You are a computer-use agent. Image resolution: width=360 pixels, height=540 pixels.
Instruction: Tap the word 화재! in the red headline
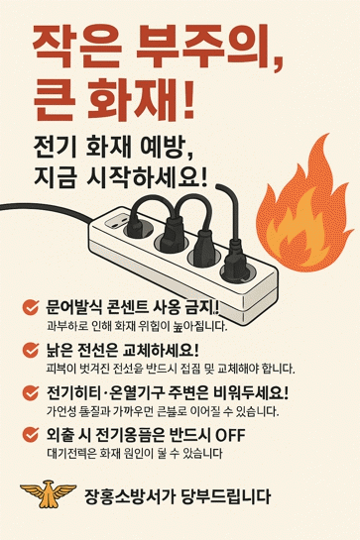point(141,99)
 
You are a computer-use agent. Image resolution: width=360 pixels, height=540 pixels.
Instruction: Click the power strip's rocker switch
point(116,220)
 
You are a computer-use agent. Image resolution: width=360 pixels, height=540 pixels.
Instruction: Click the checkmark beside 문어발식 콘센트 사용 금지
point(31,307)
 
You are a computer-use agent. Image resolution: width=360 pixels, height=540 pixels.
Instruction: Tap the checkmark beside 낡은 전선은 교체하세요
point(31,350)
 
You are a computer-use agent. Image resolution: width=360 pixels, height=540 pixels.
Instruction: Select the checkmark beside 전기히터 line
point(31,393)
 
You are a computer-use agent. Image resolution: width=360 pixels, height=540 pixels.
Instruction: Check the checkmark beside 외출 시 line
point(31,435)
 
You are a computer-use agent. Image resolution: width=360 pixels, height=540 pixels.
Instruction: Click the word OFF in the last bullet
point(230,435)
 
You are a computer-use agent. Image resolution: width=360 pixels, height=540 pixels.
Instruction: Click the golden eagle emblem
point(48,493)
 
